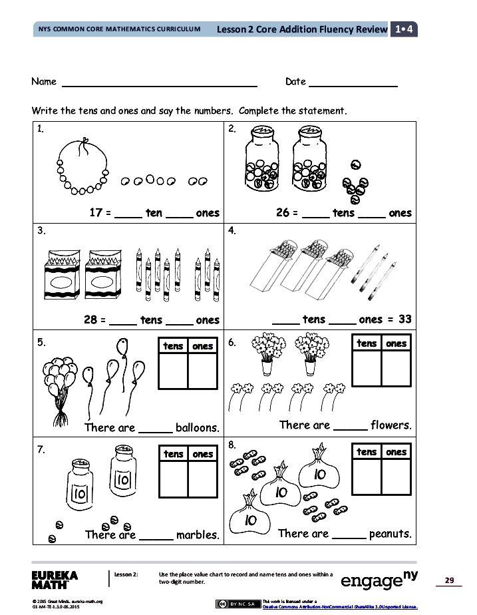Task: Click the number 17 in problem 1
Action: tap(96, 213)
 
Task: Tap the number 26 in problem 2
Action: tap(283, 213)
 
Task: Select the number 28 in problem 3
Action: tap(91, 319)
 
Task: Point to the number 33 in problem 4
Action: tap(404, 319)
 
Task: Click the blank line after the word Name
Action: tap(160, 84)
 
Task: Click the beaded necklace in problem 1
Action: tap(83, 166)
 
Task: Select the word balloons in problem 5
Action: tap(197, 427)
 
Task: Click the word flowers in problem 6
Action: tap(391, 425)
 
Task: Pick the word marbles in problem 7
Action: tap(198, 534)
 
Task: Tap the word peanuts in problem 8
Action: tap(391, 533)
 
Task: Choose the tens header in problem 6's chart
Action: tap(367, 343)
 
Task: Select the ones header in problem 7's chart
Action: tap(203, 454)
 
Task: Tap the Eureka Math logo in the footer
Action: tap(55, 579)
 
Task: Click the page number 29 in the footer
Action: tap(449, 581)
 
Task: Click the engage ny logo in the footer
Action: tap(379, 580)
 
